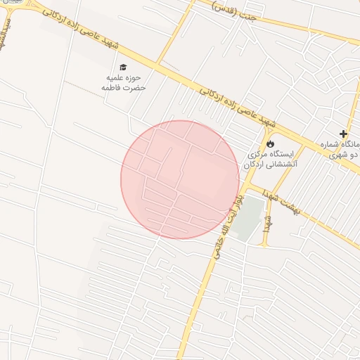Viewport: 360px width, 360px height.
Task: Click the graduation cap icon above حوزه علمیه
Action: coord(123,67)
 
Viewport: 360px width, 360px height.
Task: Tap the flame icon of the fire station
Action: coord(271,143)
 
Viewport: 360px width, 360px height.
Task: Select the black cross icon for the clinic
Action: coord(343,134)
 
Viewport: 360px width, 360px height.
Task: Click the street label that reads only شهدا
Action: coord(268,221)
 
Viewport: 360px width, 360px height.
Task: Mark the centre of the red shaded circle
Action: coord(180,179)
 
